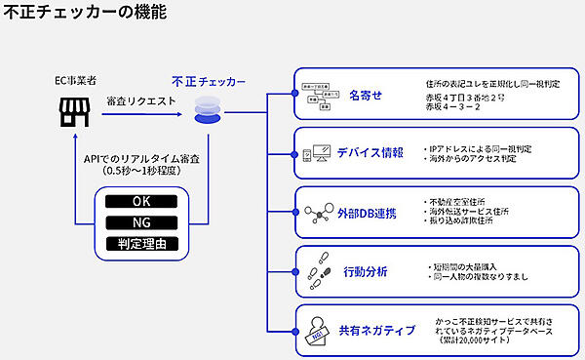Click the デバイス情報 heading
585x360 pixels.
[x=370, y=153]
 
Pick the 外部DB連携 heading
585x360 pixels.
[x=371, y=211]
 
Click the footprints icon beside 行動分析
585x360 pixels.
[x=315, y=268]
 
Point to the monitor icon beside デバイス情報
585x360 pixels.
[x=315, y=153]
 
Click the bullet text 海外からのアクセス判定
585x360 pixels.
[x=482, y=159]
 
